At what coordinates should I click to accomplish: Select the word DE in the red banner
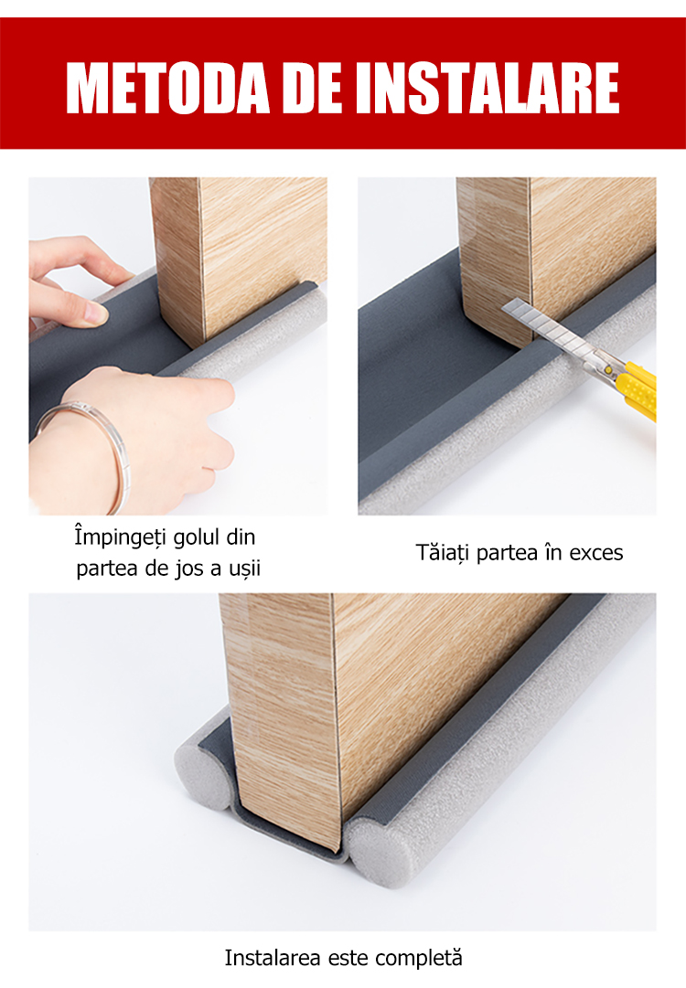pyautogui.click(x=313, y=88)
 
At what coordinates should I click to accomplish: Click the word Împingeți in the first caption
pyautogui.click(x=120, y=537)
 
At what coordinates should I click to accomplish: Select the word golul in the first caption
pyautogui.click(x=197, y=536)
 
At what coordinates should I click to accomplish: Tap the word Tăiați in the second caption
pyautogui.click(x=443, y=552)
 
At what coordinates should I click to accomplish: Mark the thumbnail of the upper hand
pyautogui.click(x=96, y=312)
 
